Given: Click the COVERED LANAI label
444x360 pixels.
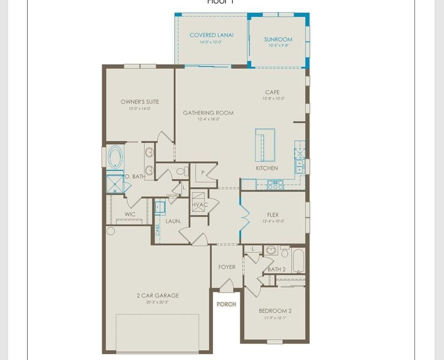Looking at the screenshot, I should [212, 35].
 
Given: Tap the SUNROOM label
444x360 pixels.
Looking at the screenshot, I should [278, 39].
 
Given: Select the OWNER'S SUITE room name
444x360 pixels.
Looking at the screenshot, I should [140, 102].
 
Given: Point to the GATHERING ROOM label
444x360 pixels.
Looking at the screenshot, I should [208, 113].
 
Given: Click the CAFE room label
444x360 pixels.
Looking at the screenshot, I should [272, 92].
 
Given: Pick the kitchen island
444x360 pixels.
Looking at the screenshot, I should [265, 145].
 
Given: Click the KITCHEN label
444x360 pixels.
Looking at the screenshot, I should [267, 168].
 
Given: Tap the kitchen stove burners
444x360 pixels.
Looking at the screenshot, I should [275, 185].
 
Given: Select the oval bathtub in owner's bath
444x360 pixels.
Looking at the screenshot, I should [115, 157].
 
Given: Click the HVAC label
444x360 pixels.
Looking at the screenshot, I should [200, 204].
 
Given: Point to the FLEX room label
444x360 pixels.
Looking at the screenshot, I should [273, 215].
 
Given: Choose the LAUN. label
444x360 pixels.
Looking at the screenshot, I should [173, 221].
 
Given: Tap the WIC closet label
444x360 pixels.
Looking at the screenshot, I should [130, 214].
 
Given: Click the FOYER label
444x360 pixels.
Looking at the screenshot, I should [227, 267].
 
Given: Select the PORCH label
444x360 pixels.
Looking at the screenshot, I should [226, 304].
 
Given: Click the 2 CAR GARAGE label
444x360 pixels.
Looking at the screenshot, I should [158, 295].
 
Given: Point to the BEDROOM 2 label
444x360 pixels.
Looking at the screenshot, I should [275, 311].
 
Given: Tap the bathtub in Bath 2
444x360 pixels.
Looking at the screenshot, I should [298, 260].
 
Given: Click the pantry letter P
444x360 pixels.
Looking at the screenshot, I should [202, 172].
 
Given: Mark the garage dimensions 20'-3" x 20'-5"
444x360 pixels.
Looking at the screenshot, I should [157, 302].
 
